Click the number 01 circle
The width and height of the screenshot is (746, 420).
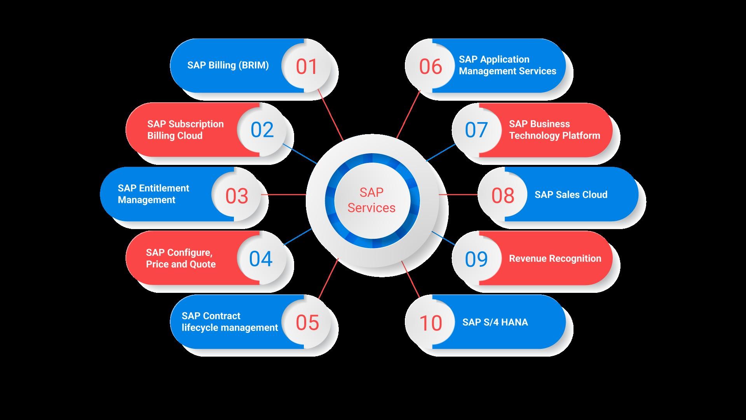307,66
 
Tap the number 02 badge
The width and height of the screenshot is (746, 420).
262,130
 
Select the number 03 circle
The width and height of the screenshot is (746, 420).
237,195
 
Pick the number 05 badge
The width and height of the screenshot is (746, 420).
307,322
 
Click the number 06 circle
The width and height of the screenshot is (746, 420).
431,66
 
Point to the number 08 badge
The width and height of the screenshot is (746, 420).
503,195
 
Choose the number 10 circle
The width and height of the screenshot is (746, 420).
431,323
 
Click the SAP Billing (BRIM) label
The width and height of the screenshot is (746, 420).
228,65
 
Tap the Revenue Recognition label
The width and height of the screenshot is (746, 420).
555,259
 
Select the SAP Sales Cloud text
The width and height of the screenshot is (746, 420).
571,195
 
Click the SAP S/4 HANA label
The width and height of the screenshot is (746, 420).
495,322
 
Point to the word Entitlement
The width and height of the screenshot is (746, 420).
164,188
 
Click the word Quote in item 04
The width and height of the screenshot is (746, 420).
203,264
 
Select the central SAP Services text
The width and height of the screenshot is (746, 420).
371,200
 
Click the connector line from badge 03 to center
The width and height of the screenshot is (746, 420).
284,194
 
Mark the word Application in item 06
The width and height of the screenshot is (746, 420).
504,59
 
